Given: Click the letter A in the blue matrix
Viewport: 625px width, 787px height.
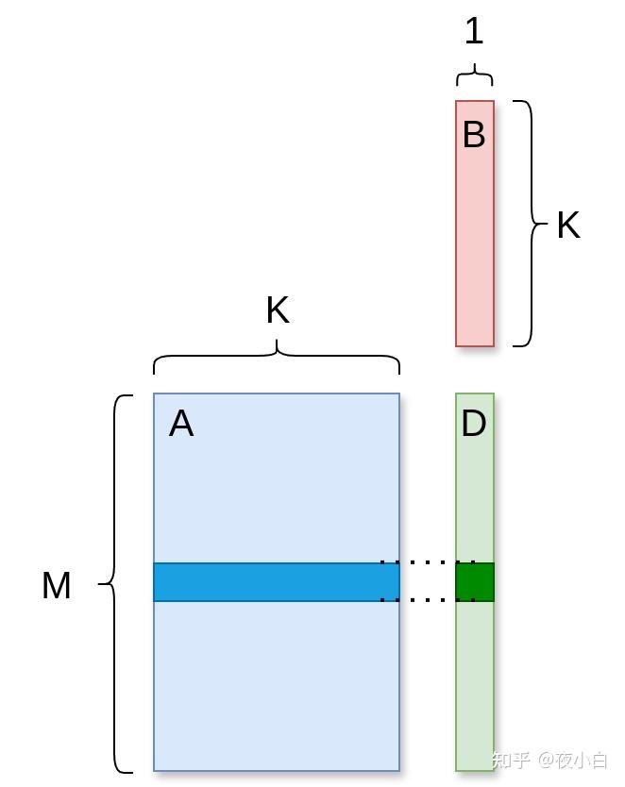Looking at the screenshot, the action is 181,424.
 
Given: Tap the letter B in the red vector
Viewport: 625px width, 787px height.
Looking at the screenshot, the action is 474,134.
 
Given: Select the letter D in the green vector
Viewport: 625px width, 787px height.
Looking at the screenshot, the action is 473,423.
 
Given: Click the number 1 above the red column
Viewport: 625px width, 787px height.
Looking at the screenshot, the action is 474,30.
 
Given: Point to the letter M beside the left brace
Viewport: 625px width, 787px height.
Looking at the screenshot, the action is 57,585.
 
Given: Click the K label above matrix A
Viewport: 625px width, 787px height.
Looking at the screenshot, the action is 278,310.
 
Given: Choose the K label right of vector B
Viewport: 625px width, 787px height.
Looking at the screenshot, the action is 568,225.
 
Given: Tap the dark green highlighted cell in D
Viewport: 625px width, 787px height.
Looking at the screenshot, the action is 475,582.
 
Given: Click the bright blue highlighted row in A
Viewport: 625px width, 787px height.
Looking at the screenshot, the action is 277,582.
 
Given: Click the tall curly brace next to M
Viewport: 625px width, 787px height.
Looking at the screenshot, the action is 114,584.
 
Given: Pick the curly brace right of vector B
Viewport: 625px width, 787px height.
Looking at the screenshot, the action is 531,224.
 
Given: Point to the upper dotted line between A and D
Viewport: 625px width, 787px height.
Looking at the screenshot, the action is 428,562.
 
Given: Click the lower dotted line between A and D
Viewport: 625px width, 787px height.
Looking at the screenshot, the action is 428,600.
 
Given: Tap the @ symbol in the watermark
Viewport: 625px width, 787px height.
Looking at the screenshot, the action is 546,760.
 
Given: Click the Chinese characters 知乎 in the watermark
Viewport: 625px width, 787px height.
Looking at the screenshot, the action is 512,760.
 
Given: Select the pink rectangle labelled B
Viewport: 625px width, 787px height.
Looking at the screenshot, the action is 475,224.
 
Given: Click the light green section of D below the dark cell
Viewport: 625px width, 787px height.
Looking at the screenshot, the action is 475,686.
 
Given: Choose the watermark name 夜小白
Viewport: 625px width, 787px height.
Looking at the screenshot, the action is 582,760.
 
